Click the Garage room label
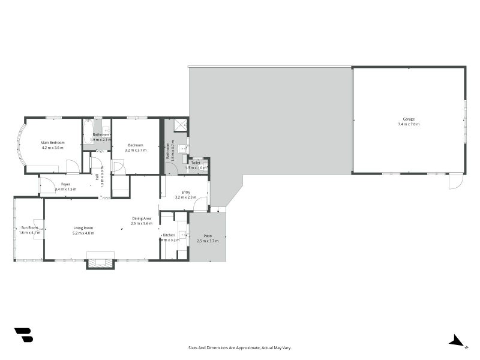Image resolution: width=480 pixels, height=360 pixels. click(x=408, y=119)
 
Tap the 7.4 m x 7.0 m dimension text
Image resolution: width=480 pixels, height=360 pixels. click(x=408, y=124)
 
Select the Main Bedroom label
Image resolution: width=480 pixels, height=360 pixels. click(x=52, y=142)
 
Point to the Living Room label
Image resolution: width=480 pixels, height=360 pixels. click(x=83, y=227)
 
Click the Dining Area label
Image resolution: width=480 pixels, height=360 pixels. click(x=142, y=218)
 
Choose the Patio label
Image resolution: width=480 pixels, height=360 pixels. click(x=208, y=236)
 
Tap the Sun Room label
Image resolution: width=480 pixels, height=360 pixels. click(x=29, y=227)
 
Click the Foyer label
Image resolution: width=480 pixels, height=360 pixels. click(x=65, y=184)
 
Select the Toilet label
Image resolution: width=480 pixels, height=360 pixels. click(x=196, y=163)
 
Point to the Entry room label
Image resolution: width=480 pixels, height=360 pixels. click(x=186, y=192)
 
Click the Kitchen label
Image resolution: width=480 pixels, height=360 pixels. click(x=169, y=235)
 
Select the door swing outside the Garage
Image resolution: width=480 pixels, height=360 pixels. click(x=455, y=181)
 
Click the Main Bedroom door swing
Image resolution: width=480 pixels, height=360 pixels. click(x=73, y=167)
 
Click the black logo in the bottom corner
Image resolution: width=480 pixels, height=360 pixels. click(x=23, y=335)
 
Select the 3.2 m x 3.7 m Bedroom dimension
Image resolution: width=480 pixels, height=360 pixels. click(x=135, y=150)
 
